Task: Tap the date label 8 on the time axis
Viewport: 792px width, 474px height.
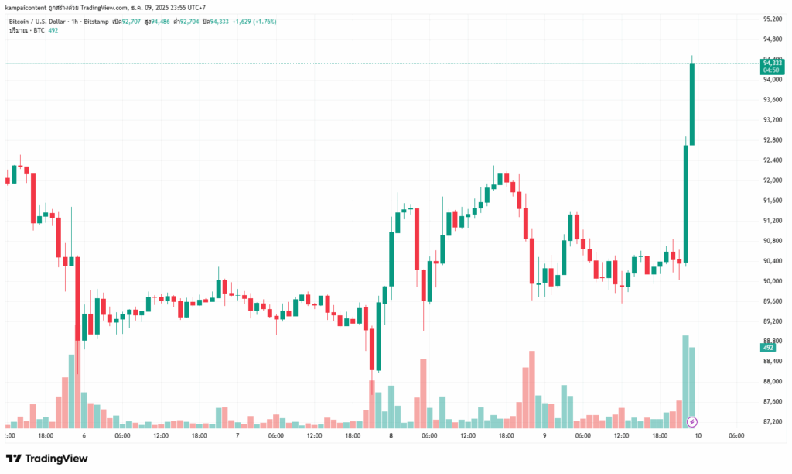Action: click(x=391, y=436)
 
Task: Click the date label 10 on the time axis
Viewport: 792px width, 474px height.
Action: click(x=698, y=436)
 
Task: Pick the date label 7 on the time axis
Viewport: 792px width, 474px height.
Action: click(x=237, y=436)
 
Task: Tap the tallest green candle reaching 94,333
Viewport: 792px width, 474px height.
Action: click(x=692, y=104)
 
